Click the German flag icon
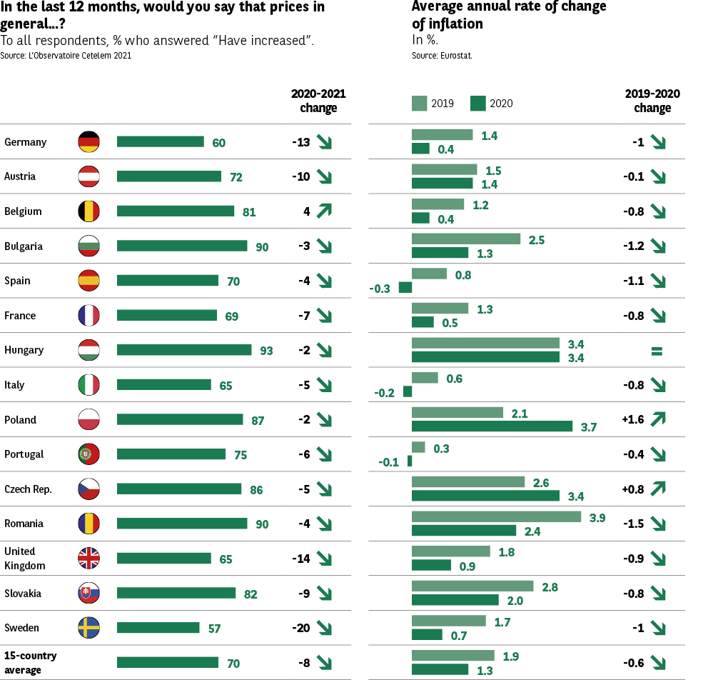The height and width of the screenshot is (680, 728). tap(89, 142)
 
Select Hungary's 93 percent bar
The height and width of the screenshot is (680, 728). tap(184, 350)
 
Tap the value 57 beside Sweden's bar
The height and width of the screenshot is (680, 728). tap(213, 629)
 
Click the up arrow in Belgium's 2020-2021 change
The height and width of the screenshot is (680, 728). tap(325, 211)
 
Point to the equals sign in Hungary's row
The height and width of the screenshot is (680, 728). tap(657, 351)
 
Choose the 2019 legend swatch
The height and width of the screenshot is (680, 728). tap(419, 104)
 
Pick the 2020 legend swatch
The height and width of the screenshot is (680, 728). tap(477, 104)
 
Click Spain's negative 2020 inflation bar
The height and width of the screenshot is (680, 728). tap(405, 288)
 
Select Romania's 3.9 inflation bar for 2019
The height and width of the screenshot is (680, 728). tap(496, 517)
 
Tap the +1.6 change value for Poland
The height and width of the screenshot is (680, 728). tap(633, 420)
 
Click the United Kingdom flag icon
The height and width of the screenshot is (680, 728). tap(89, 559)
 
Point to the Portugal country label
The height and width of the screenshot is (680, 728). tap(24, 454)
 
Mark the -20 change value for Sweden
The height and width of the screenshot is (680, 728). tap(300, 629)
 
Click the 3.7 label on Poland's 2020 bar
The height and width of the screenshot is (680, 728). tap(589, 428)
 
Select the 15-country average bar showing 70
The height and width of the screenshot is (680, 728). tap(167, 663)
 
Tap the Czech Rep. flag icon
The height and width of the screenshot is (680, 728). tap(89, 489)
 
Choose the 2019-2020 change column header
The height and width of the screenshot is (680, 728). tap(652, 101)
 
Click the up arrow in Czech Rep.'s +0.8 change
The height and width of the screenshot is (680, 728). tap(657, 489)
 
